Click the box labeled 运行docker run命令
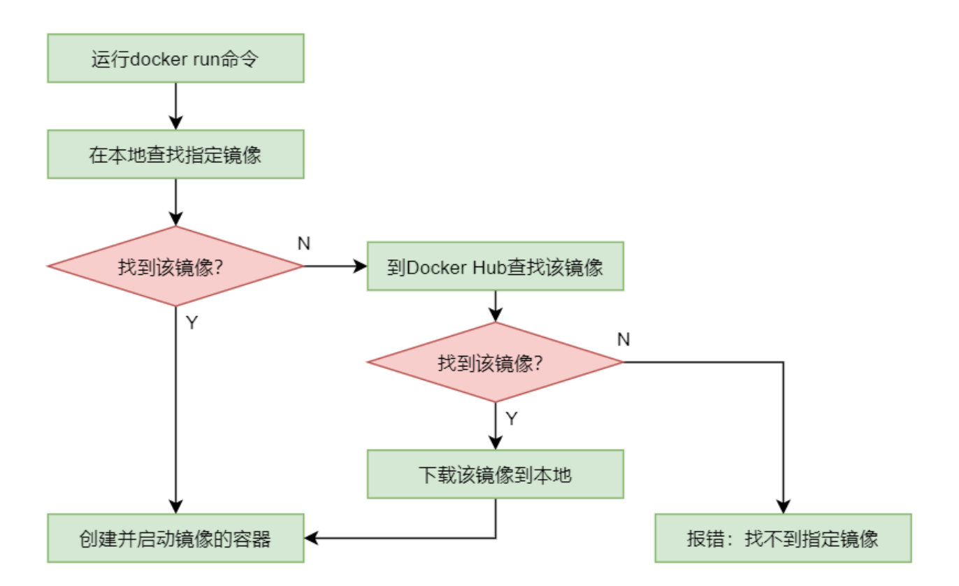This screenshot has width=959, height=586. click(x=175, y=59)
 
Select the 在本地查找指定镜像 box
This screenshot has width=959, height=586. click(x=175, y=154)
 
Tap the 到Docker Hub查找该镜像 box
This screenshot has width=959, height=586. click(x=495, y=266)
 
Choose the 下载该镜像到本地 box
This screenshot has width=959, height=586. click(x=495, y=474)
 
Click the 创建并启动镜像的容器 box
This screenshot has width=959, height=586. click(x=175, y=538)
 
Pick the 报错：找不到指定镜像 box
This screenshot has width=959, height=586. click(x=783, y=538)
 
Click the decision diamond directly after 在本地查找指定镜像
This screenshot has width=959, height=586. click(x=175, y=266)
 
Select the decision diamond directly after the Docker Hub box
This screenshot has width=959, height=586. click(x=495, y=362)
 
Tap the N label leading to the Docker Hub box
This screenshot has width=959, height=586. click(x=304, y=243)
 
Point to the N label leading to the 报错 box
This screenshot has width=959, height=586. click(x=623, y=340)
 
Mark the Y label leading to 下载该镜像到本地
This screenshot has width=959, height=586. click(x=512, y=419)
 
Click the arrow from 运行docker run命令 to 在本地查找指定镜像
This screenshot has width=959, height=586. click(x=175, y=106)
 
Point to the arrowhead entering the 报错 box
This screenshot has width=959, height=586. click(x=783, y=507)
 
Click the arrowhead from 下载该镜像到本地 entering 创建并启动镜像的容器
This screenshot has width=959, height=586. click(x=312, y=538)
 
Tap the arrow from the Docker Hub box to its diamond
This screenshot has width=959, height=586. click(x=495, y=306)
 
